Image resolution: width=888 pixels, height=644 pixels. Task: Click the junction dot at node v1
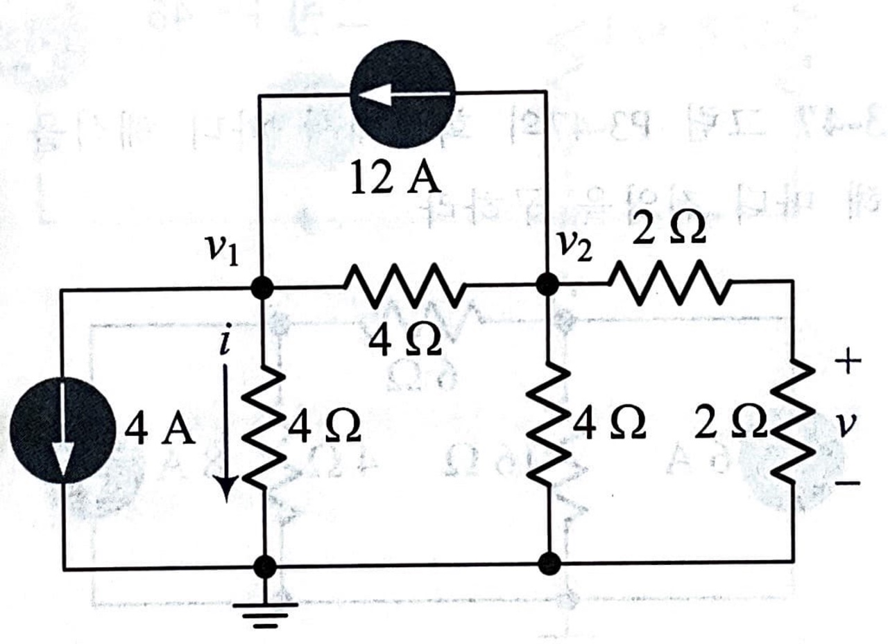point(262,287)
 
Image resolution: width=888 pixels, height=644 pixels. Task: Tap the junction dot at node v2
point(548,284)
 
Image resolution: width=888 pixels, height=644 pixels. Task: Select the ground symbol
point(264,610)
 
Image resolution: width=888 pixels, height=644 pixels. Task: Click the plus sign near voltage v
point(849,360)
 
